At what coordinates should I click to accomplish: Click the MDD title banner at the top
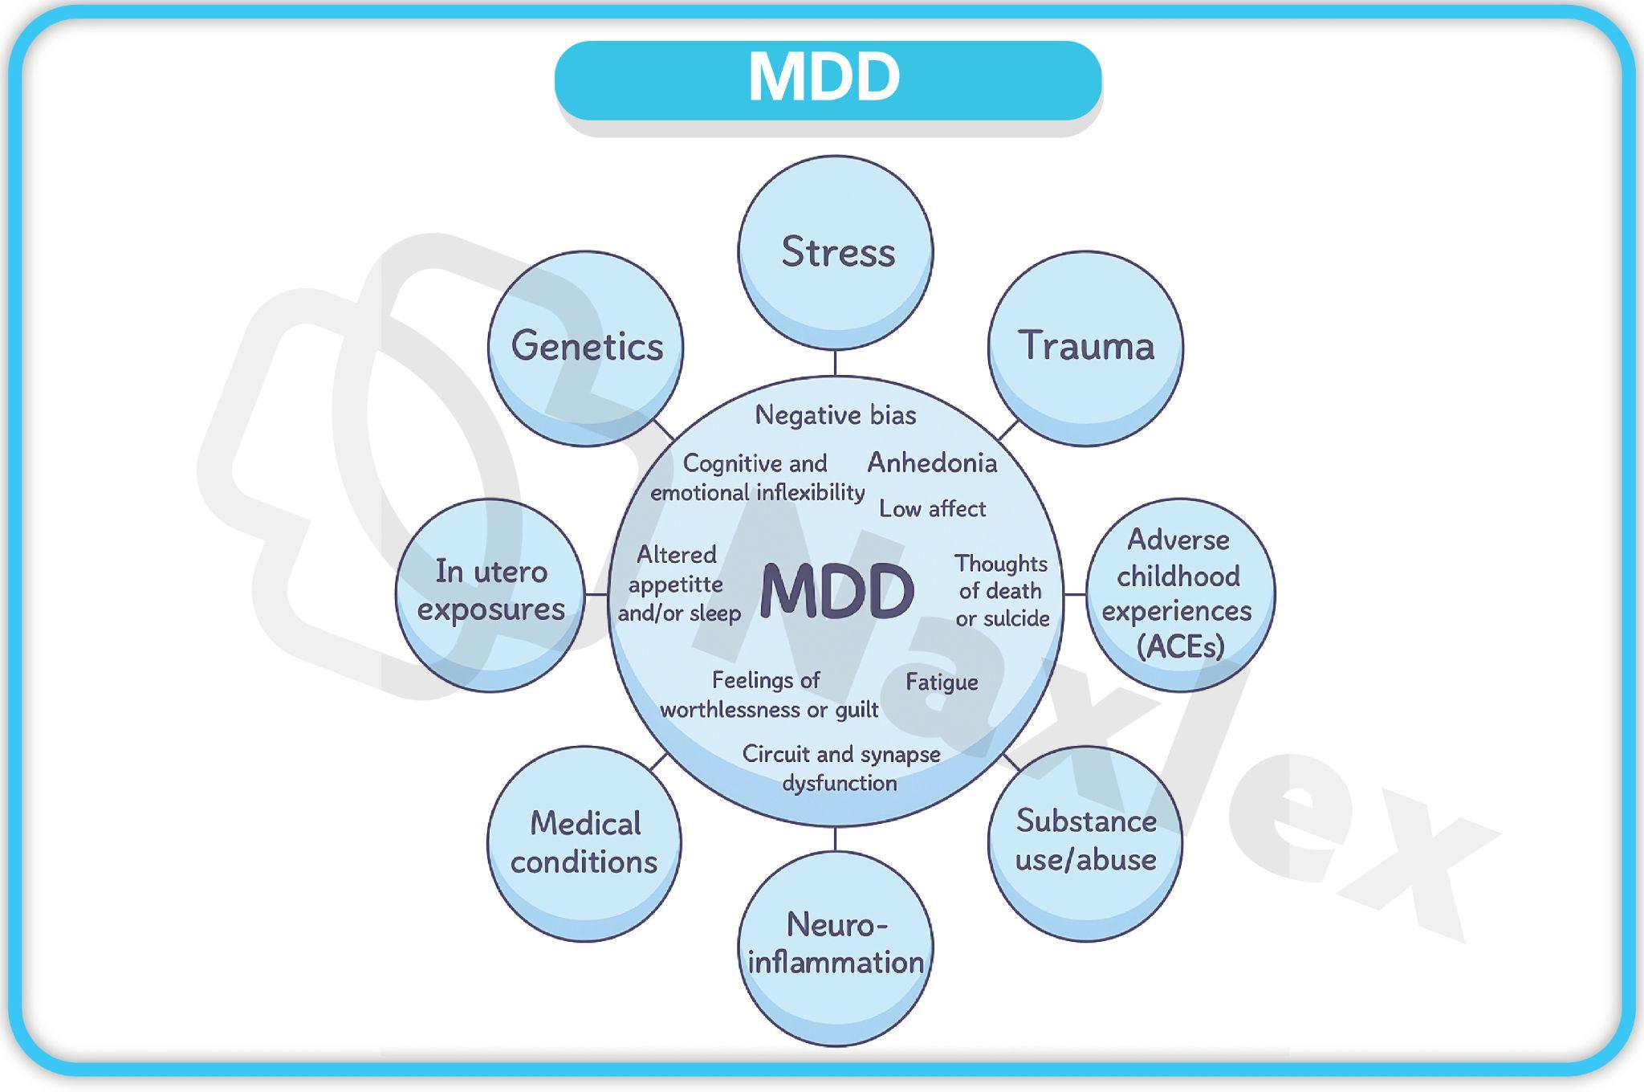click(x=827, y=79)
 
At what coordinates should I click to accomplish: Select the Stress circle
click(x=836, y=252)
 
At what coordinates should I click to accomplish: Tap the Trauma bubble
click(x=1085, y=347)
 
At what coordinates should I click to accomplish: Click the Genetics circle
click(x=586, y=347)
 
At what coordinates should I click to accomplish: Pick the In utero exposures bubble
click(x=490, y=593)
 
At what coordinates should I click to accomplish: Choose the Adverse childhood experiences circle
click(x=1179, y=593)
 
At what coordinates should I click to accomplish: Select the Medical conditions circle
click(x=584, y=843)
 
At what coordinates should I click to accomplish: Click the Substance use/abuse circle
click(x=1085, y=841)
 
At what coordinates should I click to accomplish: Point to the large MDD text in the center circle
click(x=836, y=592)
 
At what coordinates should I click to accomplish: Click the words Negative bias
click(x=835, y=415)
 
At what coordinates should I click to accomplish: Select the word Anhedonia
click(x=932, y=462)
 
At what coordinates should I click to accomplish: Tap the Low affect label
click(x=932, y=508)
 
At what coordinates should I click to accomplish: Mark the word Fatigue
click(x=942, y=682)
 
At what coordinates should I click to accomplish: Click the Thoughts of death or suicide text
click(x=1002, y=591)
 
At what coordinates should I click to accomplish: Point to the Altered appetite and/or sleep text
click(x=678, y=584)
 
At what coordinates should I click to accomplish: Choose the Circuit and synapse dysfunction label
click(x=840, y=768)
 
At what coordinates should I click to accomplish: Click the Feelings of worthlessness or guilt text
click(x=768, y=695)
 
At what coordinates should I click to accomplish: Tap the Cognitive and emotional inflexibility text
click(x=757, y=478)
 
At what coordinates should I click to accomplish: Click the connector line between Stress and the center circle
click(x=835, y=363)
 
